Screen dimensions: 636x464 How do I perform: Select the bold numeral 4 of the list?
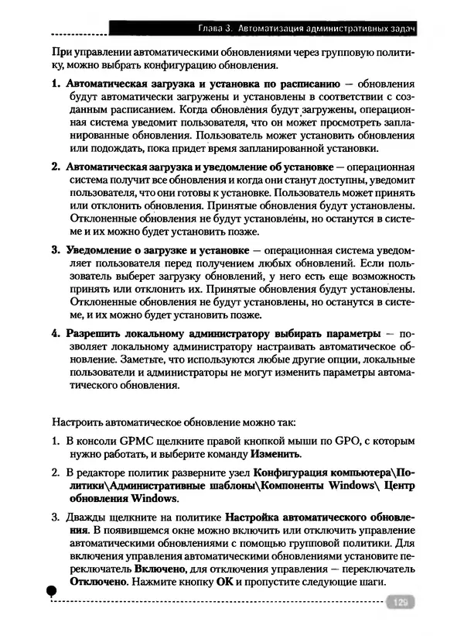point(55,333)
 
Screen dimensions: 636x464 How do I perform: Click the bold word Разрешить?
point(95,333)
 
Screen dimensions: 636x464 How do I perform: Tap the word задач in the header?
point(402,29)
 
